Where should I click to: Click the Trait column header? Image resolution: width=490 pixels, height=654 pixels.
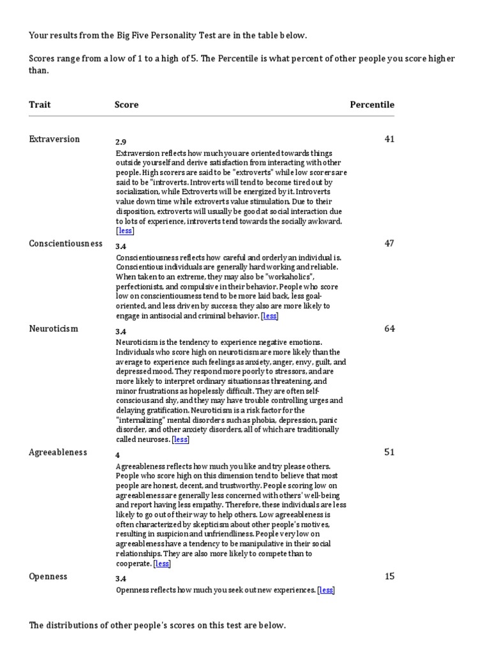click(x=40, y=104)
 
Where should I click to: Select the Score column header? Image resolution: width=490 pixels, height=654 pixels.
click(x=126, y=104)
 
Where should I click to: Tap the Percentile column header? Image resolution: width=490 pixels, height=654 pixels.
click(x=372, y=104)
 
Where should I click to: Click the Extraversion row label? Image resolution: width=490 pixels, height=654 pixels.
click(x=54, y=139)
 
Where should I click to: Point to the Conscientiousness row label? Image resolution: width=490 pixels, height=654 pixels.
click(x=66, y=243)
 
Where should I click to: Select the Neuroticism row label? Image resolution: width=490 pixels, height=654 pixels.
click(x=54, y=328)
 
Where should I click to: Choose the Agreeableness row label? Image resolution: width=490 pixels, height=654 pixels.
click(x=58, y=452)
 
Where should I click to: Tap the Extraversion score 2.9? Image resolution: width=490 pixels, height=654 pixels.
click(x=121, y=141)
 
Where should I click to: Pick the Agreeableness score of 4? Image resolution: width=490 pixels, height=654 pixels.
click(x=117, y=455)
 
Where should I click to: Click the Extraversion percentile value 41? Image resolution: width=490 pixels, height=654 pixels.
click(x=389, y=139)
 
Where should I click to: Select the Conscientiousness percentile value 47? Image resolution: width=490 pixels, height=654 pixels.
click(x=389, y=243)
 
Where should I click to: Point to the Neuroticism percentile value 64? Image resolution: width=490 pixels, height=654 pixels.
click(x=389, y=328)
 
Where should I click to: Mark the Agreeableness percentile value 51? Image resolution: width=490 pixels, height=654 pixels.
click(x=389, y=452)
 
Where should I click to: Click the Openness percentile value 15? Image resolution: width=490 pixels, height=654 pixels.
click(x=389, y=576)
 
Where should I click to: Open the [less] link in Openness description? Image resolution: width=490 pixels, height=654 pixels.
click(x=326, y=590)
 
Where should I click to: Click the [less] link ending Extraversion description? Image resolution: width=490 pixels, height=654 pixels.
click(x=125, y=231)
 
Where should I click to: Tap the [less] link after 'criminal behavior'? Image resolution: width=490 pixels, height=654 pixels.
click(x=270, y=316)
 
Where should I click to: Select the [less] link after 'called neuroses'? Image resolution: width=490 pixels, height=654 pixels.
click(x=181, y=439)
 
